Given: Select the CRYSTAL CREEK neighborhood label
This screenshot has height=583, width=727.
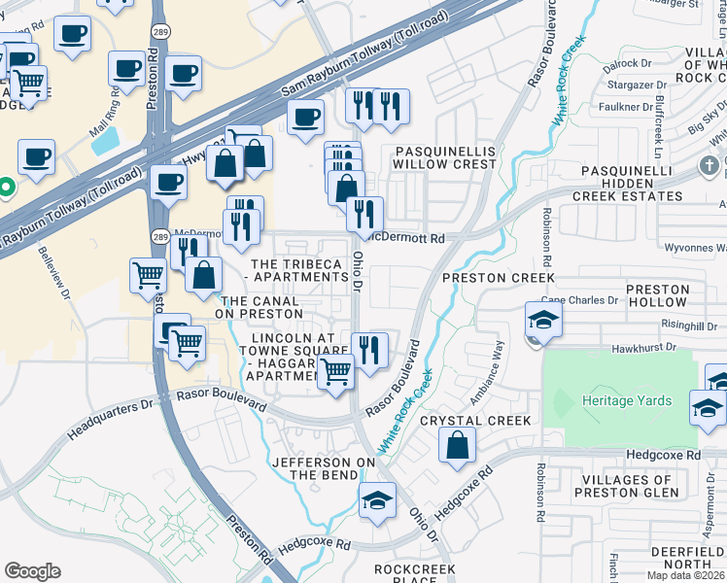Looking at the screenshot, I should pos(475,421).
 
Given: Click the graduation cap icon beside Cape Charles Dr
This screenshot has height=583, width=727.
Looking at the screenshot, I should pos(543,319).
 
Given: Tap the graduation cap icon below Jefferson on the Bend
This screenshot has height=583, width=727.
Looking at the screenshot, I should pos(377,501).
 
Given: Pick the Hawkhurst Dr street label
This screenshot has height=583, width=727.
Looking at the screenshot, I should pos(657,348).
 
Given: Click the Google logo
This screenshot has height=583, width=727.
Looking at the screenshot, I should pos(32,571).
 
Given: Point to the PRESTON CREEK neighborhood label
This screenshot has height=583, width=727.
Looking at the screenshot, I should pos(484,278).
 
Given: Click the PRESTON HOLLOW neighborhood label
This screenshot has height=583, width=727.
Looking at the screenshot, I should pos(658,296).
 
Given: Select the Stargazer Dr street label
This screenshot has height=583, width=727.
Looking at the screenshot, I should pos(629,86).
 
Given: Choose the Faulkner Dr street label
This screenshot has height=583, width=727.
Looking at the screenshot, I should pos(625,107).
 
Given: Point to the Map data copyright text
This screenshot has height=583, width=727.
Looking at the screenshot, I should pos(685,575).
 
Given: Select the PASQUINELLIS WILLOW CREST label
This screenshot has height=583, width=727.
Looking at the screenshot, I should pos(444,158).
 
